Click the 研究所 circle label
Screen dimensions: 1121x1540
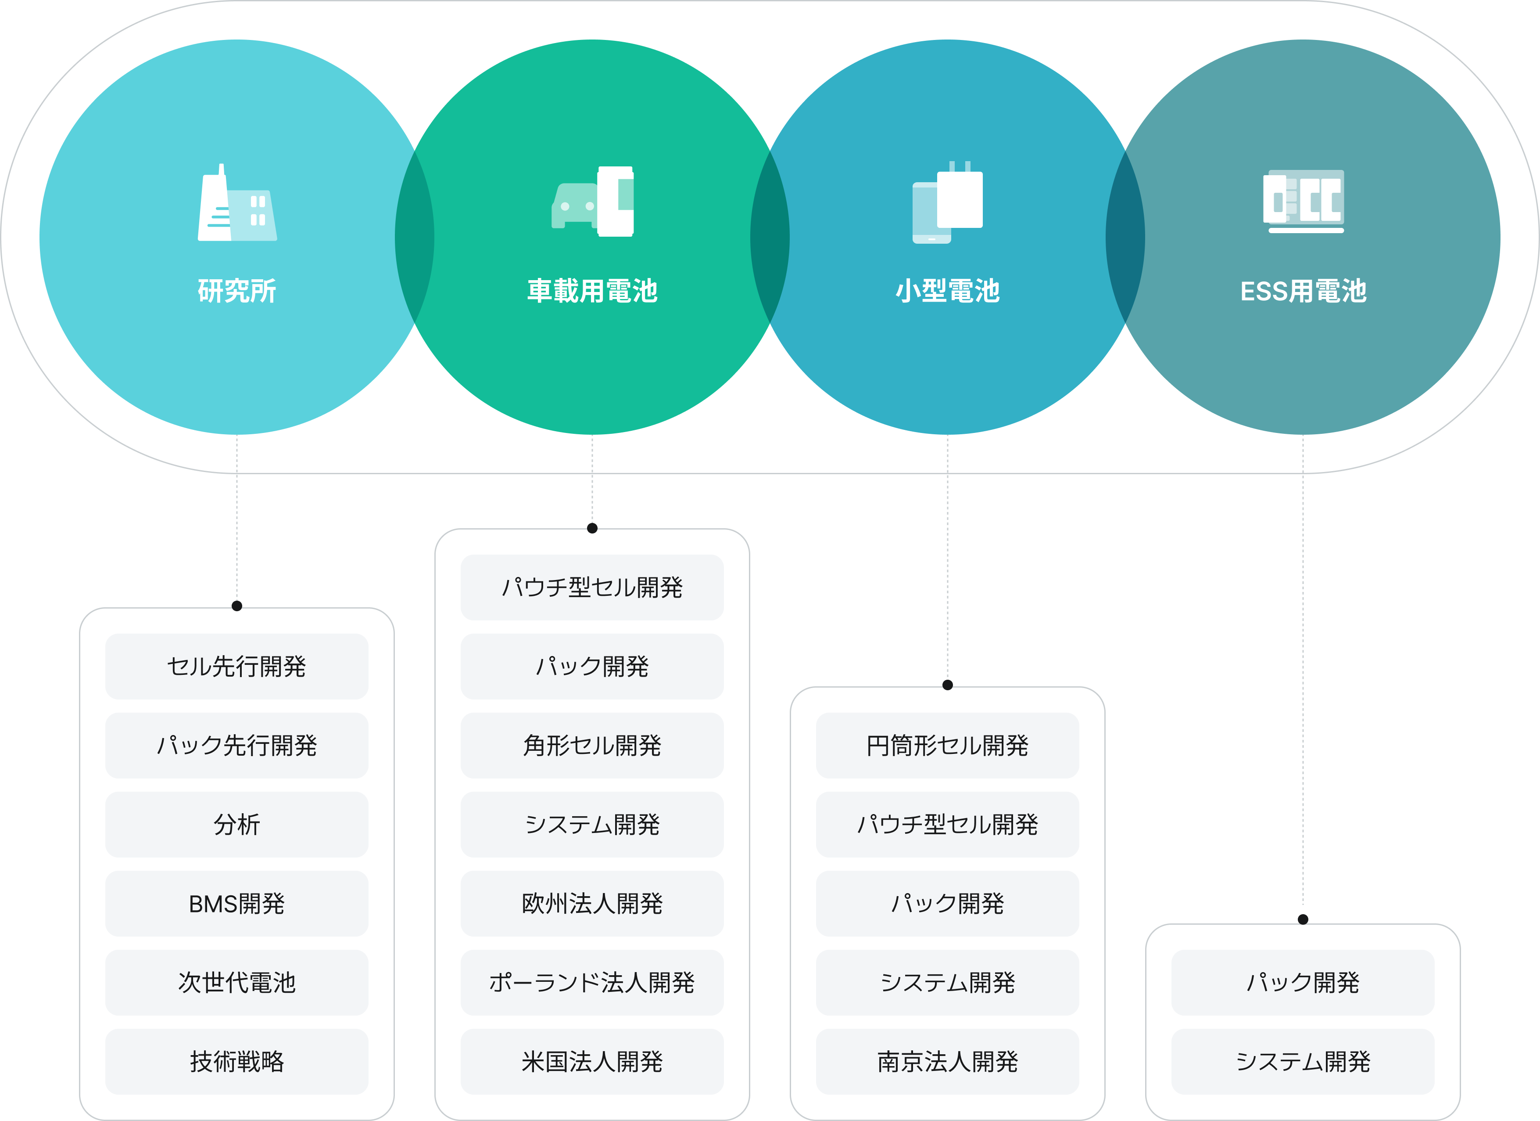click(236, 291)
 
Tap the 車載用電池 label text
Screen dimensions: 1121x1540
click(592, 291)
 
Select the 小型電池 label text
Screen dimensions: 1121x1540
click(947, 291)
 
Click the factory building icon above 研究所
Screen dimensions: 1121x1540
click(236, 204)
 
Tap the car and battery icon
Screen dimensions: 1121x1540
click(593, 202)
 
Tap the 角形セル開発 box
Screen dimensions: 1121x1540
click(592, 745)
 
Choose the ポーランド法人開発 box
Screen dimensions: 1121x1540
click(592, 982)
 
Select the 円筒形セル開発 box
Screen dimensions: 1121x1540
click(947, 745)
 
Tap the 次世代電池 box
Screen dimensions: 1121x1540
click(236, 982)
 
